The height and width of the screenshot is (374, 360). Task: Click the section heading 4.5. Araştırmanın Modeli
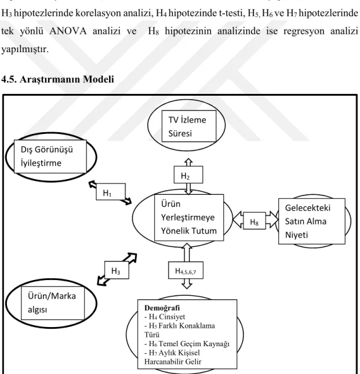(x=58, y=79)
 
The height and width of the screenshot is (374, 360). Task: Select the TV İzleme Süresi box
(x=189, y=126)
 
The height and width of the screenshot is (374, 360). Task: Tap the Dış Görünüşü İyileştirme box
(x=50, y=157)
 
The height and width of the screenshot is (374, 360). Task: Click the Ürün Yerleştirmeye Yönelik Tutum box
(x=189, y=217)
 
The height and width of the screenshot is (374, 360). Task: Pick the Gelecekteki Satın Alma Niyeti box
(x=312, y=222)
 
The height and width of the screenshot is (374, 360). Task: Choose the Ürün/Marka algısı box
(x=53, y=303)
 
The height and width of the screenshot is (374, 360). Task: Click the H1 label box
(x=111, y=192)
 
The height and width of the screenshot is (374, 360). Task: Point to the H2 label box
(x=188, y=175)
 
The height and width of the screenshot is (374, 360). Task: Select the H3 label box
(x=117, y=270)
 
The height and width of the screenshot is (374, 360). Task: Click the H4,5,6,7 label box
(x=186, y=270)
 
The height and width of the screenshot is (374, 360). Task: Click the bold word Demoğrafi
(x=162, y=308)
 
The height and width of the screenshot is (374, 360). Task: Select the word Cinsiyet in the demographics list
(x=172, y=317)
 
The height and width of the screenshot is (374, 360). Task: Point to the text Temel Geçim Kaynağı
(x=194, y=344)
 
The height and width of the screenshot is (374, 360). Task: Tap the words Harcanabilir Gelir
(x=173, y=362)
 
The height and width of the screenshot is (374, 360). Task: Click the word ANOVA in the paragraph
(x=68, y=31)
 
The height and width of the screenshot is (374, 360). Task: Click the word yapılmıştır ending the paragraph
(x=25, y=50)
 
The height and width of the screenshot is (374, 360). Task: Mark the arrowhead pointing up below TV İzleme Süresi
(x=188, y=161)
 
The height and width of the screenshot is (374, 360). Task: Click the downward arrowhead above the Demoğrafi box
(x=187, y=286)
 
